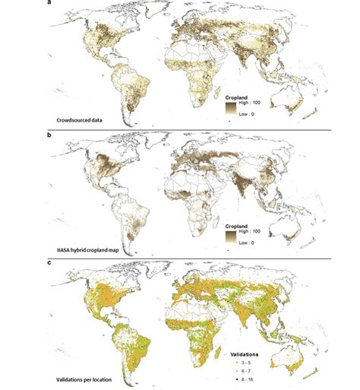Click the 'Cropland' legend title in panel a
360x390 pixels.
coord(238,97)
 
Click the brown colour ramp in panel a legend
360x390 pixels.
coord(229,111)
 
